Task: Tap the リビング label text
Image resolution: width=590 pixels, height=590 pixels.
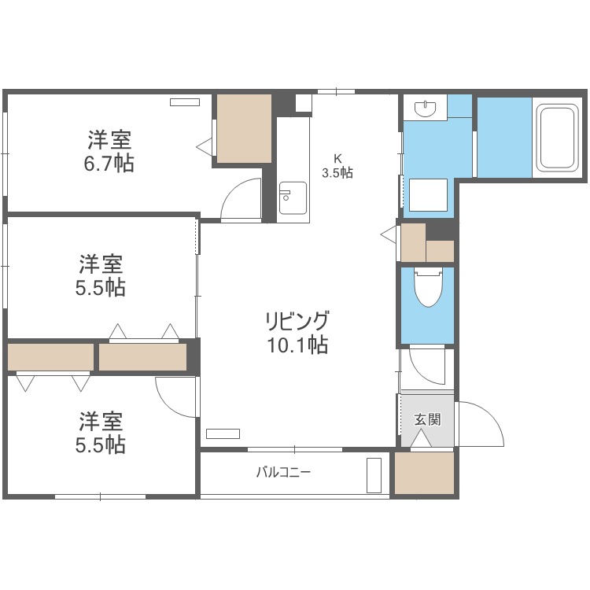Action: point(296,322)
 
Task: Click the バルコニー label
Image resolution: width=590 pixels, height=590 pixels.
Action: point(283,473)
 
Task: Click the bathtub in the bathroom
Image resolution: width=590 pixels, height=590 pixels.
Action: point(559,138)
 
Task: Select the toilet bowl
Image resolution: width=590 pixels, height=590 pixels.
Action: point(428,288)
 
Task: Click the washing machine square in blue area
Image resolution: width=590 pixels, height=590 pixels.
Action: point(427,196)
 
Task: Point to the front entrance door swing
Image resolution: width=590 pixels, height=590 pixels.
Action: point(480,425)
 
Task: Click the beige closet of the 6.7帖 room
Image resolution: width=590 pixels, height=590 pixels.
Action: point(243,129)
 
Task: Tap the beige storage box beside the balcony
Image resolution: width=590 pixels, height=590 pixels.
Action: point(425,474)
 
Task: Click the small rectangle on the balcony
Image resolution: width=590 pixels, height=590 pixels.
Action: point(374,475)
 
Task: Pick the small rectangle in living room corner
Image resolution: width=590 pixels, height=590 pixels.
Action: point(223,433)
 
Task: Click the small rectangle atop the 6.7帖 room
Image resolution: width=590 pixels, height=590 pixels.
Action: point(186,101)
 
